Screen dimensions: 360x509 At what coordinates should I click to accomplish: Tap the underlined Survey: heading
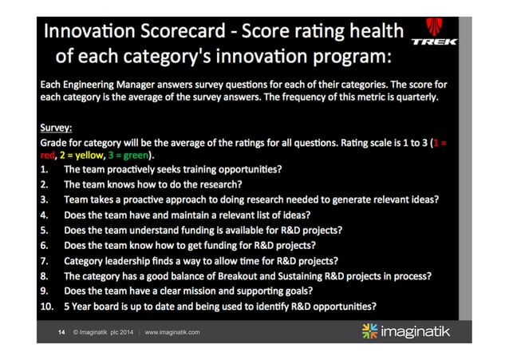pos(57,127)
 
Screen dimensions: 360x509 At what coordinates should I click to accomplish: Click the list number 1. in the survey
pos(45,169)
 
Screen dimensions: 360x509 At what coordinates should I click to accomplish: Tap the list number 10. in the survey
pos(48,306)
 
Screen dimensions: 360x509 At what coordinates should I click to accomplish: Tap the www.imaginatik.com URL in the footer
pos(172,331)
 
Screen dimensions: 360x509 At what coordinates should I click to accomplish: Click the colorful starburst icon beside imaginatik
pos(371,330)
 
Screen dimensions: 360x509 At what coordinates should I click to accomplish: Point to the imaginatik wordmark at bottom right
pos(416,330)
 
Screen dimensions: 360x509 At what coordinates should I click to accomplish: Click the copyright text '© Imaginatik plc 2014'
pos(104,331)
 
